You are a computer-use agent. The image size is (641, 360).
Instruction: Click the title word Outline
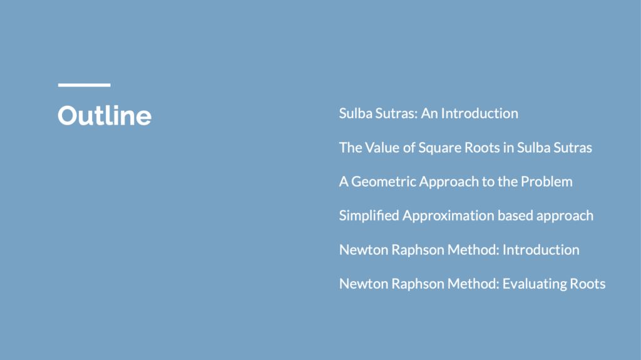(x=105, y=115)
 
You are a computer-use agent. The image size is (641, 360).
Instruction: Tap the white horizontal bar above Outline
(x=85, y=85)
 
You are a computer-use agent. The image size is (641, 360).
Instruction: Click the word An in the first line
(x=429, y=113)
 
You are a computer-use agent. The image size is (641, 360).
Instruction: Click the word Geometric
(x=384, y=182)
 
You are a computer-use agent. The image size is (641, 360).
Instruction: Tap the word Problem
(x=546, y=182)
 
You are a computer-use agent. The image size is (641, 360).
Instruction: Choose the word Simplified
(x=369, y=216)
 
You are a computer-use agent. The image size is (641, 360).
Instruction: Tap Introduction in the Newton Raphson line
(x=541, y=250)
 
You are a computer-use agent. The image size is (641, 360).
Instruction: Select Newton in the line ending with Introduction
(x=364, y=250)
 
